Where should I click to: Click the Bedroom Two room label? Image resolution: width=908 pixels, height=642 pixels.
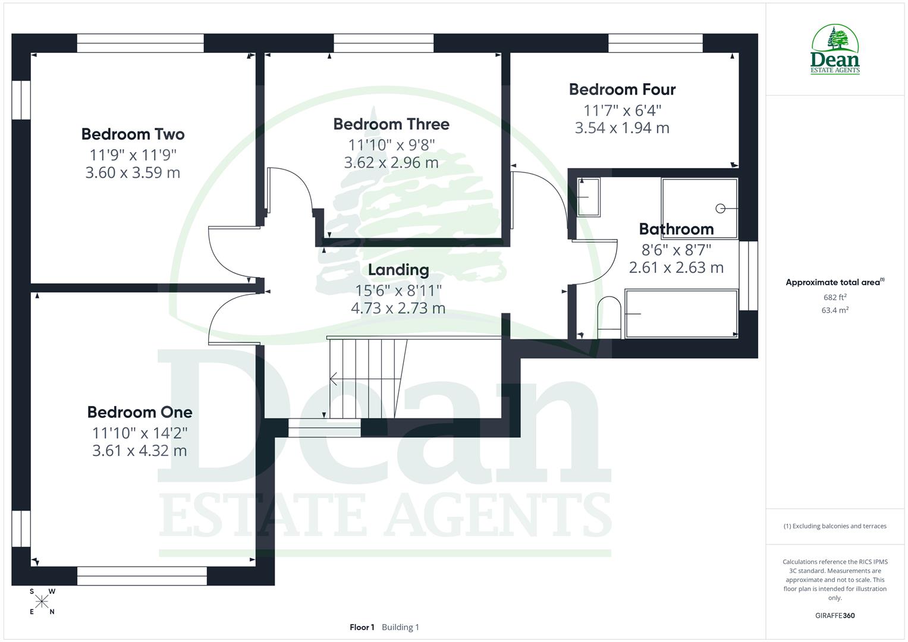coord(133,134)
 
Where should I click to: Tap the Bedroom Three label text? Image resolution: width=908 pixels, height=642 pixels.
coord(391,124)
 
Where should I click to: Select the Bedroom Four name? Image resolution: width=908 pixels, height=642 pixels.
coord(622,90)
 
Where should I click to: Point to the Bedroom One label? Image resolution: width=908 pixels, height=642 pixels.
coord(140,412)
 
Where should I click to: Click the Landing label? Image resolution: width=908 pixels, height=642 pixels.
coord(398,270)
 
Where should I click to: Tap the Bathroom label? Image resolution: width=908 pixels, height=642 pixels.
coord(676,229)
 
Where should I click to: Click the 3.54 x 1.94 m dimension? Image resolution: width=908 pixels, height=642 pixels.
coord(622,128)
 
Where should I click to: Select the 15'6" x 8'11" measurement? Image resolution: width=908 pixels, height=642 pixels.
coord(398,290)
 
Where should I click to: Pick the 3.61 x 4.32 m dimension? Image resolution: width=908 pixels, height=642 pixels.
coord(140,451)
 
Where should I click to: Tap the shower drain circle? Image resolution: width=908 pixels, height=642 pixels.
coord(720,208)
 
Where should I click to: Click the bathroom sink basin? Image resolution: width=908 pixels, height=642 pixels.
coord(589,197)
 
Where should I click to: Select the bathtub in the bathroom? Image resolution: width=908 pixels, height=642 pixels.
coord(681,314)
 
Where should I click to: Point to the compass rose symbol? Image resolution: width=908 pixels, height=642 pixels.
coord(42,602)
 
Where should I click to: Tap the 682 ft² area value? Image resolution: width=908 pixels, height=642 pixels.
coord(835,297)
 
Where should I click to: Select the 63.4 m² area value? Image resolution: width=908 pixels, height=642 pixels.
coord(835,310)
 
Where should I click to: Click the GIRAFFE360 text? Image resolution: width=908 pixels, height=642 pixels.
coord(835,616)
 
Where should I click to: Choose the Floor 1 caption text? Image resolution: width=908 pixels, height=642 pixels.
coord(362,627)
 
